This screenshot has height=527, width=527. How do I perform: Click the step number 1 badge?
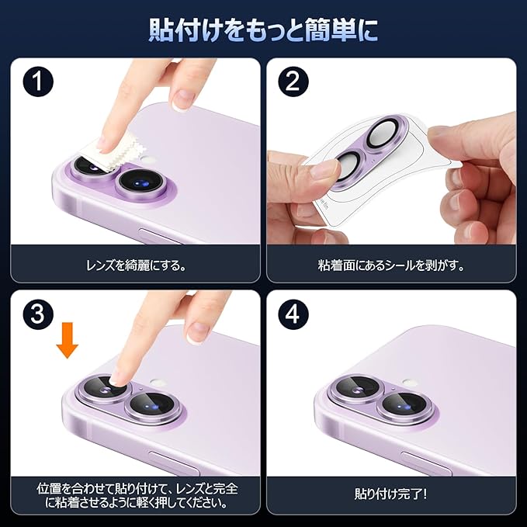[38, 81]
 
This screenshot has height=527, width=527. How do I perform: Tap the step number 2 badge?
[293, 81]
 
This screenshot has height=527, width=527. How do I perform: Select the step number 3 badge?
[38, 314]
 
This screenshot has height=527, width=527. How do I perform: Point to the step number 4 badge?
[293, 314]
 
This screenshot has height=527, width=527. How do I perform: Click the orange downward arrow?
[68, 340]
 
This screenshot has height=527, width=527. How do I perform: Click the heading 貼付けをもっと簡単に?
[263, 30]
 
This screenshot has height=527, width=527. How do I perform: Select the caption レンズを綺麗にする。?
[136, 266]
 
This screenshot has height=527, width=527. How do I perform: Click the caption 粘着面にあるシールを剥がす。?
[391, 266]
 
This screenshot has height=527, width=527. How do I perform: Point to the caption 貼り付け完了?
[391, 494]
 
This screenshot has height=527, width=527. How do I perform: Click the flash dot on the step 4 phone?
[410, 382]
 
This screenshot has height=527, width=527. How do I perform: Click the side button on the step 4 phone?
[426, 463]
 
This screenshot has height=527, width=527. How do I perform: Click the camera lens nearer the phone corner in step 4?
[358, 388]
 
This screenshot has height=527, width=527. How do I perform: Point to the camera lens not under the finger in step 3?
[152, 407]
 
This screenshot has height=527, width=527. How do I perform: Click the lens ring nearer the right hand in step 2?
[385, 132]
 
